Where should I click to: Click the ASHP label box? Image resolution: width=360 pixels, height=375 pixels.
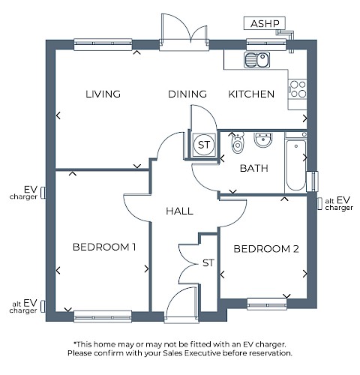[265, 23]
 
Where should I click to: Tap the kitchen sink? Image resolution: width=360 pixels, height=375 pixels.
[256, 60]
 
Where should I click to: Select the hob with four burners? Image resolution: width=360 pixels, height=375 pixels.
[298, 89]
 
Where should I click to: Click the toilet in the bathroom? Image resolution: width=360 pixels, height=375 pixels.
[237, 143]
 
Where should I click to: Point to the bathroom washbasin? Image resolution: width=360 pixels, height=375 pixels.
[263, 140]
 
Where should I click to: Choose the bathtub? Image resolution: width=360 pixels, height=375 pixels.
[295, 165]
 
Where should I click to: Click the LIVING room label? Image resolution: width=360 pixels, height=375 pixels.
[103, 94]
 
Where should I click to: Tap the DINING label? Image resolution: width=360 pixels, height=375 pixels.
[187, 94]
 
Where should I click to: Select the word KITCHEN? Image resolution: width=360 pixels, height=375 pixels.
[251, 94]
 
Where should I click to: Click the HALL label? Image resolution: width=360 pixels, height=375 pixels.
[179, 211]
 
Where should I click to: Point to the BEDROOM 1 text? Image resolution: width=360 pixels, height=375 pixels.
[104, 247]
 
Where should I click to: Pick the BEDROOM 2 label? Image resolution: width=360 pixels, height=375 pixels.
[266, 249]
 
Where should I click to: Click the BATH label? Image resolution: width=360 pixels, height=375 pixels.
[254, 168]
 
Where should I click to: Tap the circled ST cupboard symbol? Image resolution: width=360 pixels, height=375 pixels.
[204, 145]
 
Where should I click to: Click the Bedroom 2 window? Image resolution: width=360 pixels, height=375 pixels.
[267, 304]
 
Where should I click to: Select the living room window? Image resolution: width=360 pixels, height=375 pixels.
[103, 44]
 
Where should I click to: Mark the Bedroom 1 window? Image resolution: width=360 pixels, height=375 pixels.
[103, 316]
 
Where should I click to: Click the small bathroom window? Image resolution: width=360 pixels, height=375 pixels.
[312, 181]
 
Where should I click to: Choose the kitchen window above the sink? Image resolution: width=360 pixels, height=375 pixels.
[266, 44]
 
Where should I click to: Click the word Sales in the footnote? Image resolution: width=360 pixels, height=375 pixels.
[172, 353]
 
